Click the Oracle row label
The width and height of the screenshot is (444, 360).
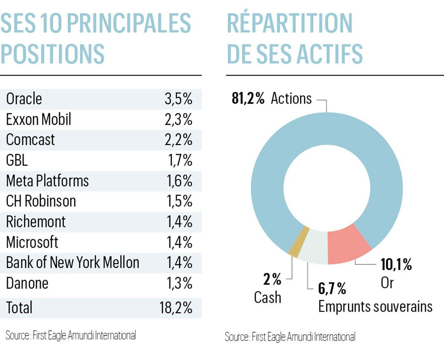coord(24,99)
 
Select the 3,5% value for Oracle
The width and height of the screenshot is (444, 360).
coord(178,99)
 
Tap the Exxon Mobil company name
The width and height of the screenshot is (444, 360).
coord(38,120)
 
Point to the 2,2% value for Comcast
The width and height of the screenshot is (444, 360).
coord(178,140)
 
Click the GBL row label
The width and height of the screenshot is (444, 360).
coord(17,161)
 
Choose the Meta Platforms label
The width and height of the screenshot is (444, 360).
coord(47,181)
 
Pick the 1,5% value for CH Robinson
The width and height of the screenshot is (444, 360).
coord(178,201)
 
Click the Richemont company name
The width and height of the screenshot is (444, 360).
coord(36,222)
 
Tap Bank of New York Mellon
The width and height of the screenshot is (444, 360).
coord(73,263)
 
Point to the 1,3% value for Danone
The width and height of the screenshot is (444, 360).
coord(178,283)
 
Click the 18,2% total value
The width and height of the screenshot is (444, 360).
coord(176,308)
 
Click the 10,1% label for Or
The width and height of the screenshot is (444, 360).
coord(396,265)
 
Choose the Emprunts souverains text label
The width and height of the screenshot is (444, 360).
coord(375,307)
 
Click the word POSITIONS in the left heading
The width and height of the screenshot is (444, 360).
coord(53,54)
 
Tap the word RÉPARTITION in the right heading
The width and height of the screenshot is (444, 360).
coord(290,23)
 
